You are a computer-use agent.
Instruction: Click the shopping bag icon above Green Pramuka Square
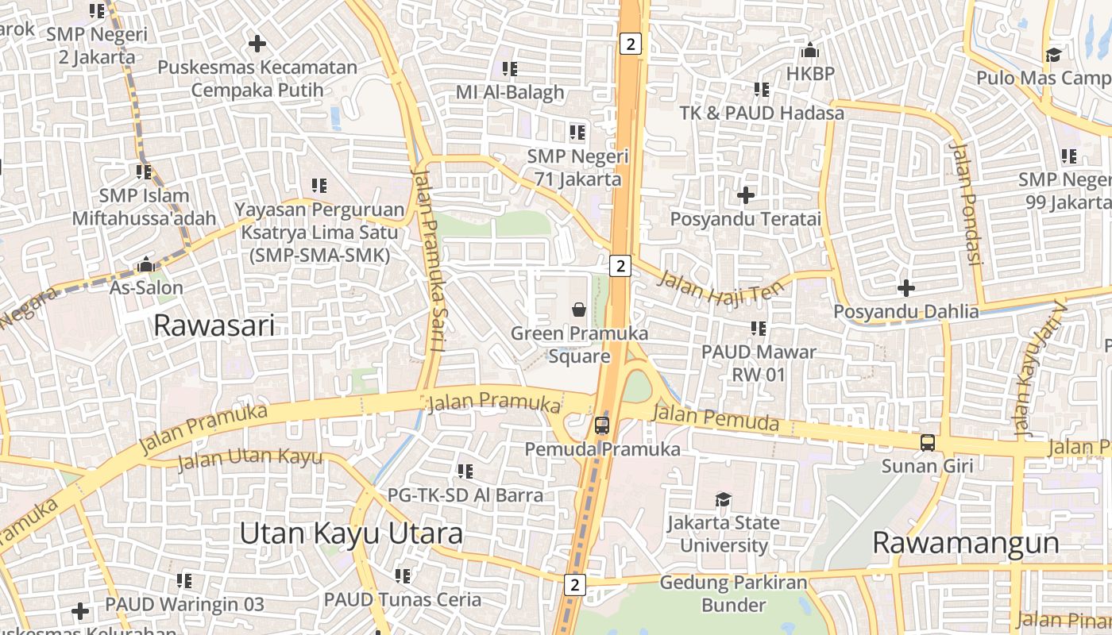point(579,309)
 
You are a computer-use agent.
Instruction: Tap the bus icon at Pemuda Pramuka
point(602,425)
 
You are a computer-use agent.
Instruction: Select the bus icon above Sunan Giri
point(927,443)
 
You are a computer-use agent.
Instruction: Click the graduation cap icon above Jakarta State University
point(723,499)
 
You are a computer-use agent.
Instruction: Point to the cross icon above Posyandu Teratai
point(745,194)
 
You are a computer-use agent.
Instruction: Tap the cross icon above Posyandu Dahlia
point(905,287)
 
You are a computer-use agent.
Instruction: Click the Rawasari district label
point(214,325)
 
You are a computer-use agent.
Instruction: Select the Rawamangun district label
point(965,543)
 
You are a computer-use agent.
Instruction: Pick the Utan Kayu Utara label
point(351,533)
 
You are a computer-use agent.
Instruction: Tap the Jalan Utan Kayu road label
point(249,458)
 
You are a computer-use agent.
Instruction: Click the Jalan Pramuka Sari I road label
point(428,261)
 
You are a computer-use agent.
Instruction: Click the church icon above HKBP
point(810,51)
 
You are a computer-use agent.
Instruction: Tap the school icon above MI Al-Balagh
point(510,69)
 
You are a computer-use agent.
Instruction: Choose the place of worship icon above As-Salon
point(146,264)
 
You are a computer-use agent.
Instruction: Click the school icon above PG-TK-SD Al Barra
point(465,471)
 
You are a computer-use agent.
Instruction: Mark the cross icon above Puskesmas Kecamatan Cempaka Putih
point(257,44)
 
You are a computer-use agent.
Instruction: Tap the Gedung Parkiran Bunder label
point(733,594)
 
